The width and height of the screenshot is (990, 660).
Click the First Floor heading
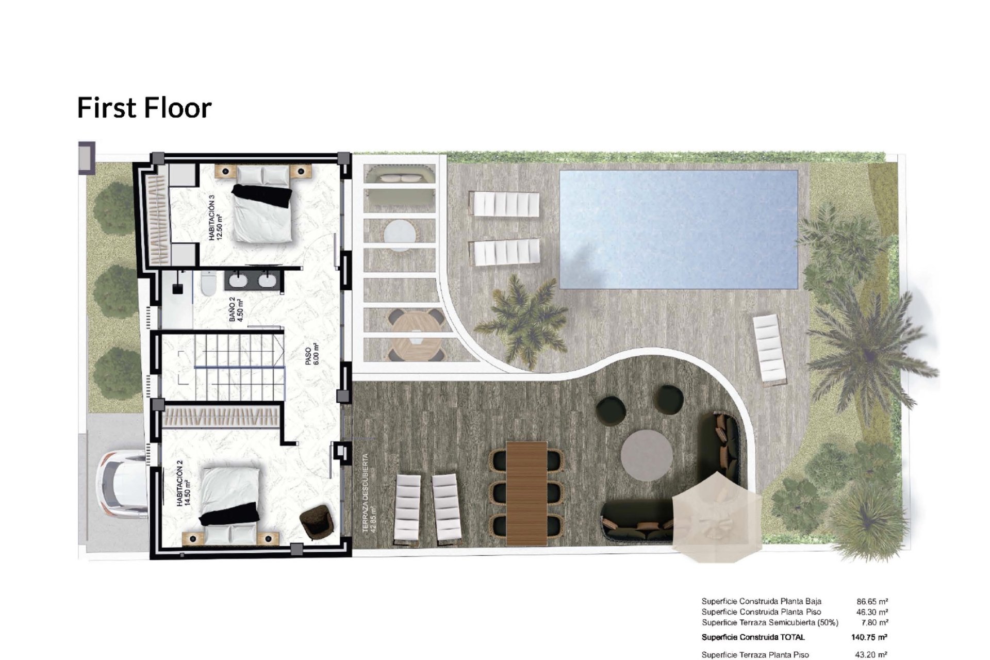(144, 108)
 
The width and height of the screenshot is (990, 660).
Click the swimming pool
(679, 229)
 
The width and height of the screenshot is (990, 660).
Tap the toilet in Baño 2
(208, 284)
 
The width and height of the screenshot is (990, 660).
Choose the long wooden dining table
(526, 493)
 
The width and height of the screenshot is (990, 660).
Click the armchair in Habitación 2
(315, 522)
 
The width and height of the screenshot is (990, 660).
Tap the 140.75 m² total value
(869, 637)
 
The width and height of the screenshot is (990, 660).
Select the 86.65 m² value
(872, 601)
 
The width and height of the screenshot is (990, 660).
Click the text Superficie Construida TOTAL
(753, 637)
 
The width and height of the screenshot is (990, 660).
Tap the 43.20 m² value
(872, 655)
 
